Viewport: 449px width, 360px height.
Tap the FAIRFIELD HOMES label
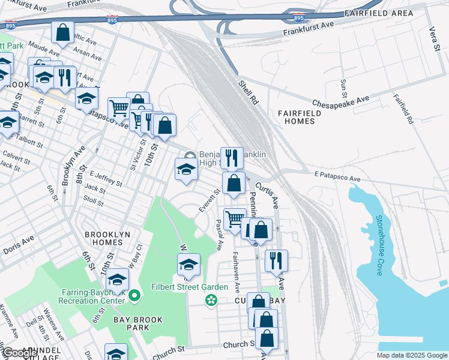[296, 117]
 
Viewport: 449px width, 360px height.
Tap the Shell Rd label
[247, 93]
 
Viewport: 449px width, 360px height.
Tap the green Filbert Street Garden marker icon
[210, 299]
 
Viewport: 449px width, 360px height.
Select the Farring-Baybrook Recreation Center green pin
[134, 295]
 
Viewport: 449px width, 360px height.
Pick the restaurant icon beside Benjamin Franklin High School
[232, 158]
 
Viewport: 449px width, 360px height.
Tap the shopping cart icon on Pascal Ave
[234, 219]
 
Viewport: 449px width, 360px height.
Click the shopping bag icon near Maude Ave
[62, 33]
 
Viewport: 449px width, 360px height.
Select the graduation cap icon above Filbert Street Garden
[188, 265]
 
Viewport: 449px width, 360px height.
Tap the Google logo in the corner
[19, 353]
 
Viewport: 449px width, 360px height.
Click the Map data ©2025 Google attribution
[411, 355]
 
